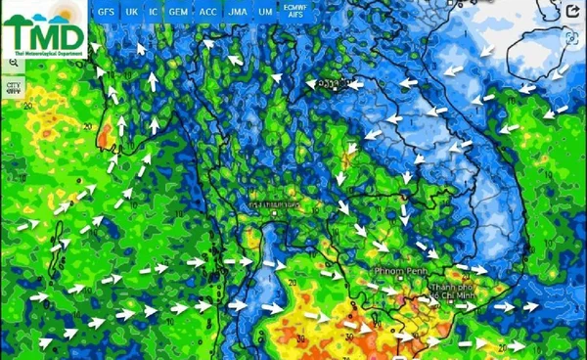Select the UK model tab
pos(132,11)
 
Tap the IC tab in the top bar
pos(153,11)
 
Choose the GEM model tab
pos(178,11)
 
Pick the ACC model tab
pos(207,11)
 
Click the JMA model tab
pos(237,11)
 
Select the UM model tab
pos(265,11)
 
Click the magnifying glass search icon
pos(14,62)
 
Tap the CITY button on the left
pos(14,86)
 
